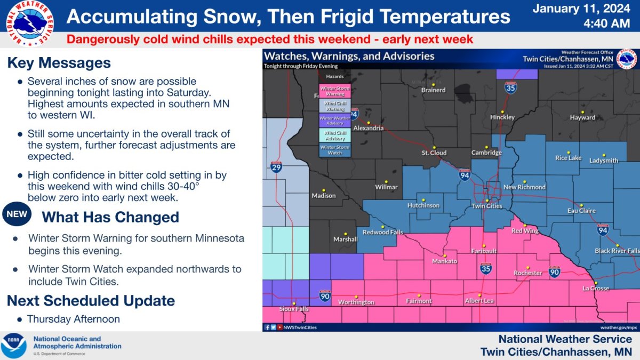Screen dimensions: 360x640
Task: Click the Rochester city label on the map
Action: pos(527,273)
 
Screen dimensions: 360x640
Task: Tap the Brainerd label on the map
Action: pos(433,90)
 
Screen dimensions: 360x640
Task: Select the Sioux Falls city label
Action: pos(294,309)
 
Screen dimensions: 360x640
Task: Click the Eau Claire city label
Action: pos(581,211)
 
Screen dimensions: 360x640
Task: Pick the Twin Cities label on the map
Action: pos(487,206)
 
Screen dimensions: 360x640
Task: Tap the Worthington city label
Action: pos(356,302)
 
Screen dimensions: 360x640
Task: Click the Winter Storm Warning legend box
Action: pos(335,91)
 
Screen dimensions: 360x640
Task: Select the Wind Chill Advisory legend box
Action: pos(335,135)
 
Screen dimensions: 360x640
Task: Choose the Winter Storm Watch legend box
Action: pos(335,150)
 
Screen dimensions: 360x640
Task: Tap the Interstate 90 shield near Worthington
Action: pos(324,295)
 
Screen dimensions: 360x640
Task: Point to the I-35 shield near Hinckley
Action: pos(511,87)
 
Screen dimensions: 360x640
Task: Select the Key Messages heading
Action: pos(59,63)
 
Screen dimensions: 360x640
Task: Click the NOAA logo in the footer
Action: pos(13,346)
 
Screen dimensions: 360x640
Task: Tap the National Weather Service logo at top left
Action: pos(29,22)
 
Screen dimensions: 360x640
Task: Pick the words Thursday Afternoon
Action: pos(74,319)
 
